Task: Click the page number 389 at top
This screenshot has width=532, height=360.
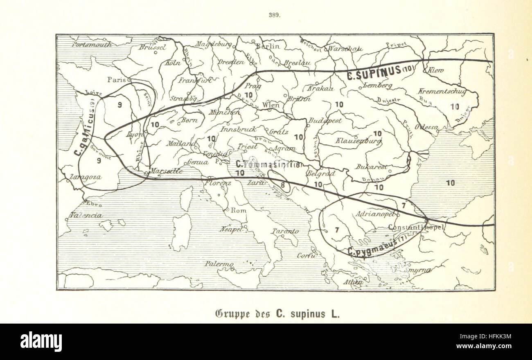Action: (x=274, y=15)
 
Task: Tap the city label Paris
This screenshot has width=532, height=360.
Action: (x=117, y=80)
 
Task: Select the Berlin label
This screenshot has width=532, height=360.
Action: (x=268, y=46)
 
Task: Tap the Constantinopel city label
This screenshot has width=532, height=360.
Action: (x=416, y=227)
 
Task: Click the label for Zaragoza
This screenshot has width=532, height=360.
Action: (x=86, y=177)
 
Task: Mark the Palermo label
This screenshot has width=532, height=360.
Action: (x=219, y=264)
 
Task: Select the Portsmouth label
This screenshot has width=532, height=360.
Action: (x=92, y=44)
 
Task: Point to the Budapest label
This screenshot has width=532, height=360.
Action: (x=325, y=121)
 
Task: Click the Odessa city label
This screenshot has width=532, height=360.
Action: (x=427, y=127)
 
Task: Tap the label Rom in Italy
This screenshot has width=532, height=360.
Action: (x=239, y=210)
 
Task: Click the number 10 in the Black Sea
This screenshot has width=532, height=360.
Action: (x=450, y=183)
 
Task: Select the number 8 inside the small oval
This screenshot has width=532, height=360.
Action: (x=283, y=184)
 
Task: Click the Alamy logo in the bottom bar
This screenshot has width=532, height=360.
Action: (x=41, y=342)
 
